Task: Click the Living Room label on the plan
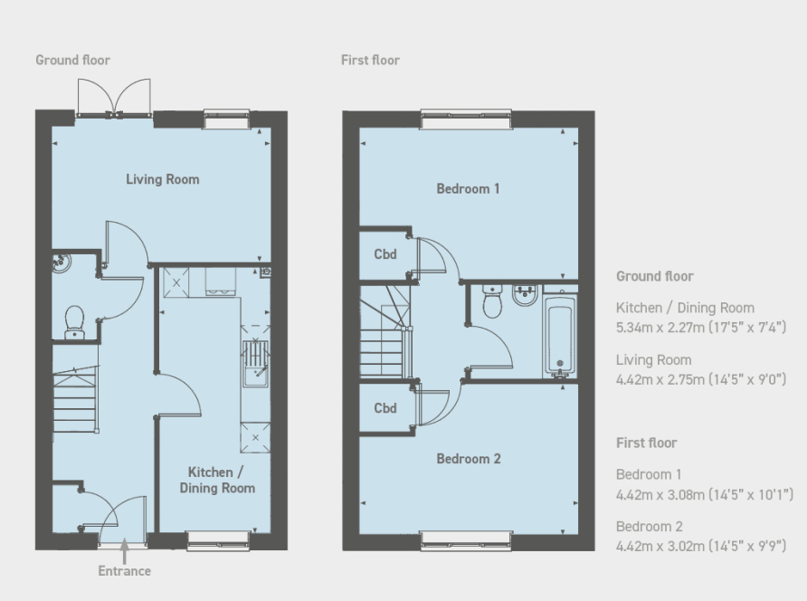[x=163, y=179]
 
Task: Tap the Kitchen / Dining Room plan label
[x=217, y=480]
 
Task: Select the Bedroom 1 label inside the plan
[x=468, y=189]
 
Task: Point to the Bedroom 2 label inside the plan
[x=469, y=459]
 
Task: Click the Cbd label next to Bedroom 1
[x=385, y=254]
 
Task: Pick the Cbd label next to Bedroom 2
[x=385, y=408]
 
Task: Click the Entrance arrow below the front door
[x=124, y=551]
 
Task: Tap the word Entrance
[x=125, y=571]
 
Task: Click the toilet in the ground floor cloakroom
[x=74, y=323]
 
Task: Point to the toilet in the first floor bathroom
[x=492, y=301]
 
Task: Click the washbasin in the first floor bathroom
[x=525, y=296]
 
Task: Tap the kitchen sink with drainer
[x=255, y=363]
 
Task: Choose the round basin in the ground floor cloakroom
[x=62, y=262]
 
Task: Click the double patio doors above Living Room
[x=114, y=98]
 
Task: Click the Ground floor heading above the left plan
[x=72, y=61]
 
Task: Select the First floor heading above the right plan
[x=370, y=61]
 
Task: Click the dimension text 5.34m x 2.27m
[x=660, y=328]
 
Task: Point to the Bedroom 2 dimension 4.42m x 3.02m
[x=660, y=546]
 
